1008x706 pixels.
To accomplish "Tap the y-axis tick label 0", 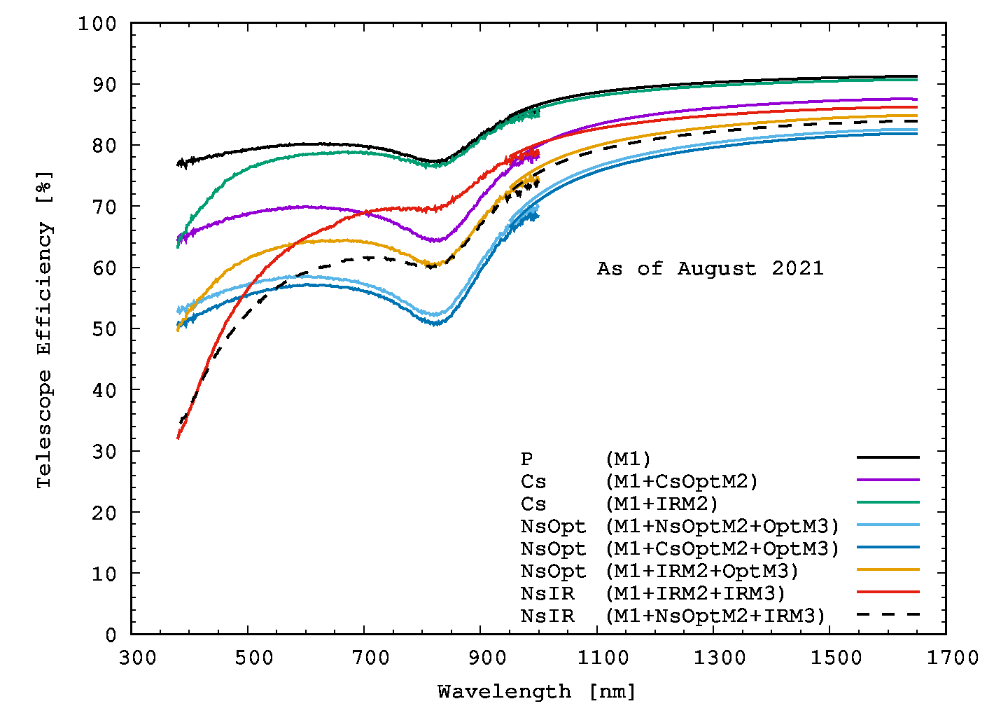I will [x=111, y=635].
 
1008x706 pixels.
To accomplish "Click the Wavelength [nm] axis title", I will [x=537, y=692].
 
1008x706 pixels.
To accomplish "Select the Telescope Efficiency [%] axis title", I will [x=44, y=329].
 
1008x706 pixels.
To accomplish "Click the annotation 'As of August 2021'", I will [x=710, y=269].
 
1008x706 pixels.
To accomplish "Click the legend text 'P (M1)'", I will [x=585, y=459].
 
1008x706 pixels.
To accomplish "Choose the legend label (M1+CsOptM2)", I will [x=682, y=482].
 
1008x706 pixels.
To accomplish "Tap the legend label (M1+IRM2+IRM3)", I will [x=695, y=594].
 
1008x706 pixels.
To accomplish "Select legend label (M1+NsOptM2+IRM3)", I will [x=715, y=616].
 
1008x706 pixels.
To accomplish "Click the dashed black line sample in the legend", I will [x=888, y=614].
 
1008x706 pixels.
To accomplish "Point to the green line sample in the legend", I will [x=888, y=502].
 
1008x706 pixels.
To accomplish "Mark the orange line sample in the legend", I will [x=888, y=569].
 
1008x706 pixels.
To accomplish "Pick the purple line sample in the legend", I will [x=888, y=480].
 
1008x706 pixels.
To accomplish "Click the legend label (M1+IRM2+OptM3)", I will [x=702, y=572].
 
